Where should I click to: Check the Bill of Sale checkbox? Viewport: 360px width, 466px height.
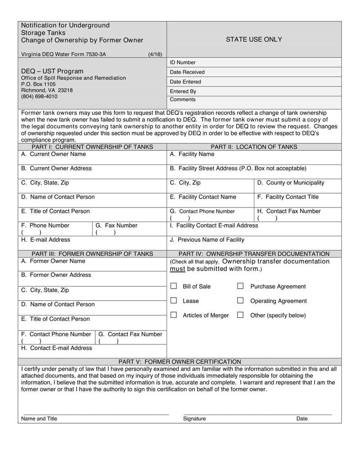pyautogui.click(x=174, y=286)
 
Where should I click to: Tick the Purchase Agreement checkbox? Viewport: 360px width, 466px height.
pyautogui.click(x=240, y=286)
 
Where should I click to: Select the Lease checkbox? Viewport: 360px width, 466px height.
pyautogui.click(x=174, y=301)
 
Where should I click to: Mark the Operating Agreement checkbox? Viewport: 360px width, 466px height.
pyautogui.click(x=240, y=301)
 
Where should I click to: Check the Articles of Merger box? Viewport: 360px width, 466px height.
pyautogui.click(x=174, y=315)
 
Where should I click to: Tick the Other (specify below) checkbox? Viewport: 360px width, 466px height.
pyautogui.click(x=240, y=315)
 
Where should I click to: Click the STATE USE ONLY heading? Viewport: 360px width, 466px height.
pyautogui.click(x=254, y=40)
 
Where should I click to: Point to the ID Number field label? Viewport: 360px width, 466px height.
pyautogui.click(x=183, y=63)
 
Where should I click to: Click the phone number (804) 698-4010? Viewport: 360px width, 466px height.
pyautogui.click(x=39, y=96)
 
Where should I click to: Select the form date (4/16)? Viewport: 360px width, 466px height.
pyautogui.click(x=155, y=54)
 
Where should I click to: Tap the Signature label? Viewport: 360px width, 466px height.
pyautogui.click(x=194, y=419)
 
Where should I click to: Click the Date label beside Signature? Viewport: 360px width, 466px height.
pyautogui.click(x=302, y=419)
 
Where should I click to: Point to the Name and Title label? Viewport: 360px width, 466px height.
pyautogui.click(x=39, y=419)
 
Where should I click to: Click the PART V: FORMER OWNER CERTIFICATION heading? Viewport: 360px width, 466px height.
pyautogui.click(x=180, y=362)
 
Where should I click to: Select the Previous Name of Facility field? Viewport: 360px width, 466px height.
pyautogui.click(x=207, y=240)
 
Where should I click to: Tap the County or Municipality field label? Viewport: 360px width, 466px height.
pyautogui.click(x=291, y=183)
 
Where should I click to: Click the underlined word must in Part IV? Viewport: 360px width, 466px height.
pyautogui.click(x=177, y=269)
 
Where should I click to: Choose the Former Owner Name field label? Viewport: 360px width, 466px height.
pyautogui.click(x=53, y=261)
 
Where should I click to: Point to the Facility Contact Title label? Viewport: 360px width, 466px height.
pyautogui.click(x=288, y=197)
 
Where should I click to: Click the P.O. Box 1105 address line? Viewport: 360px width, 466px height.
pyautogui.click(x=39, y=84)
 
